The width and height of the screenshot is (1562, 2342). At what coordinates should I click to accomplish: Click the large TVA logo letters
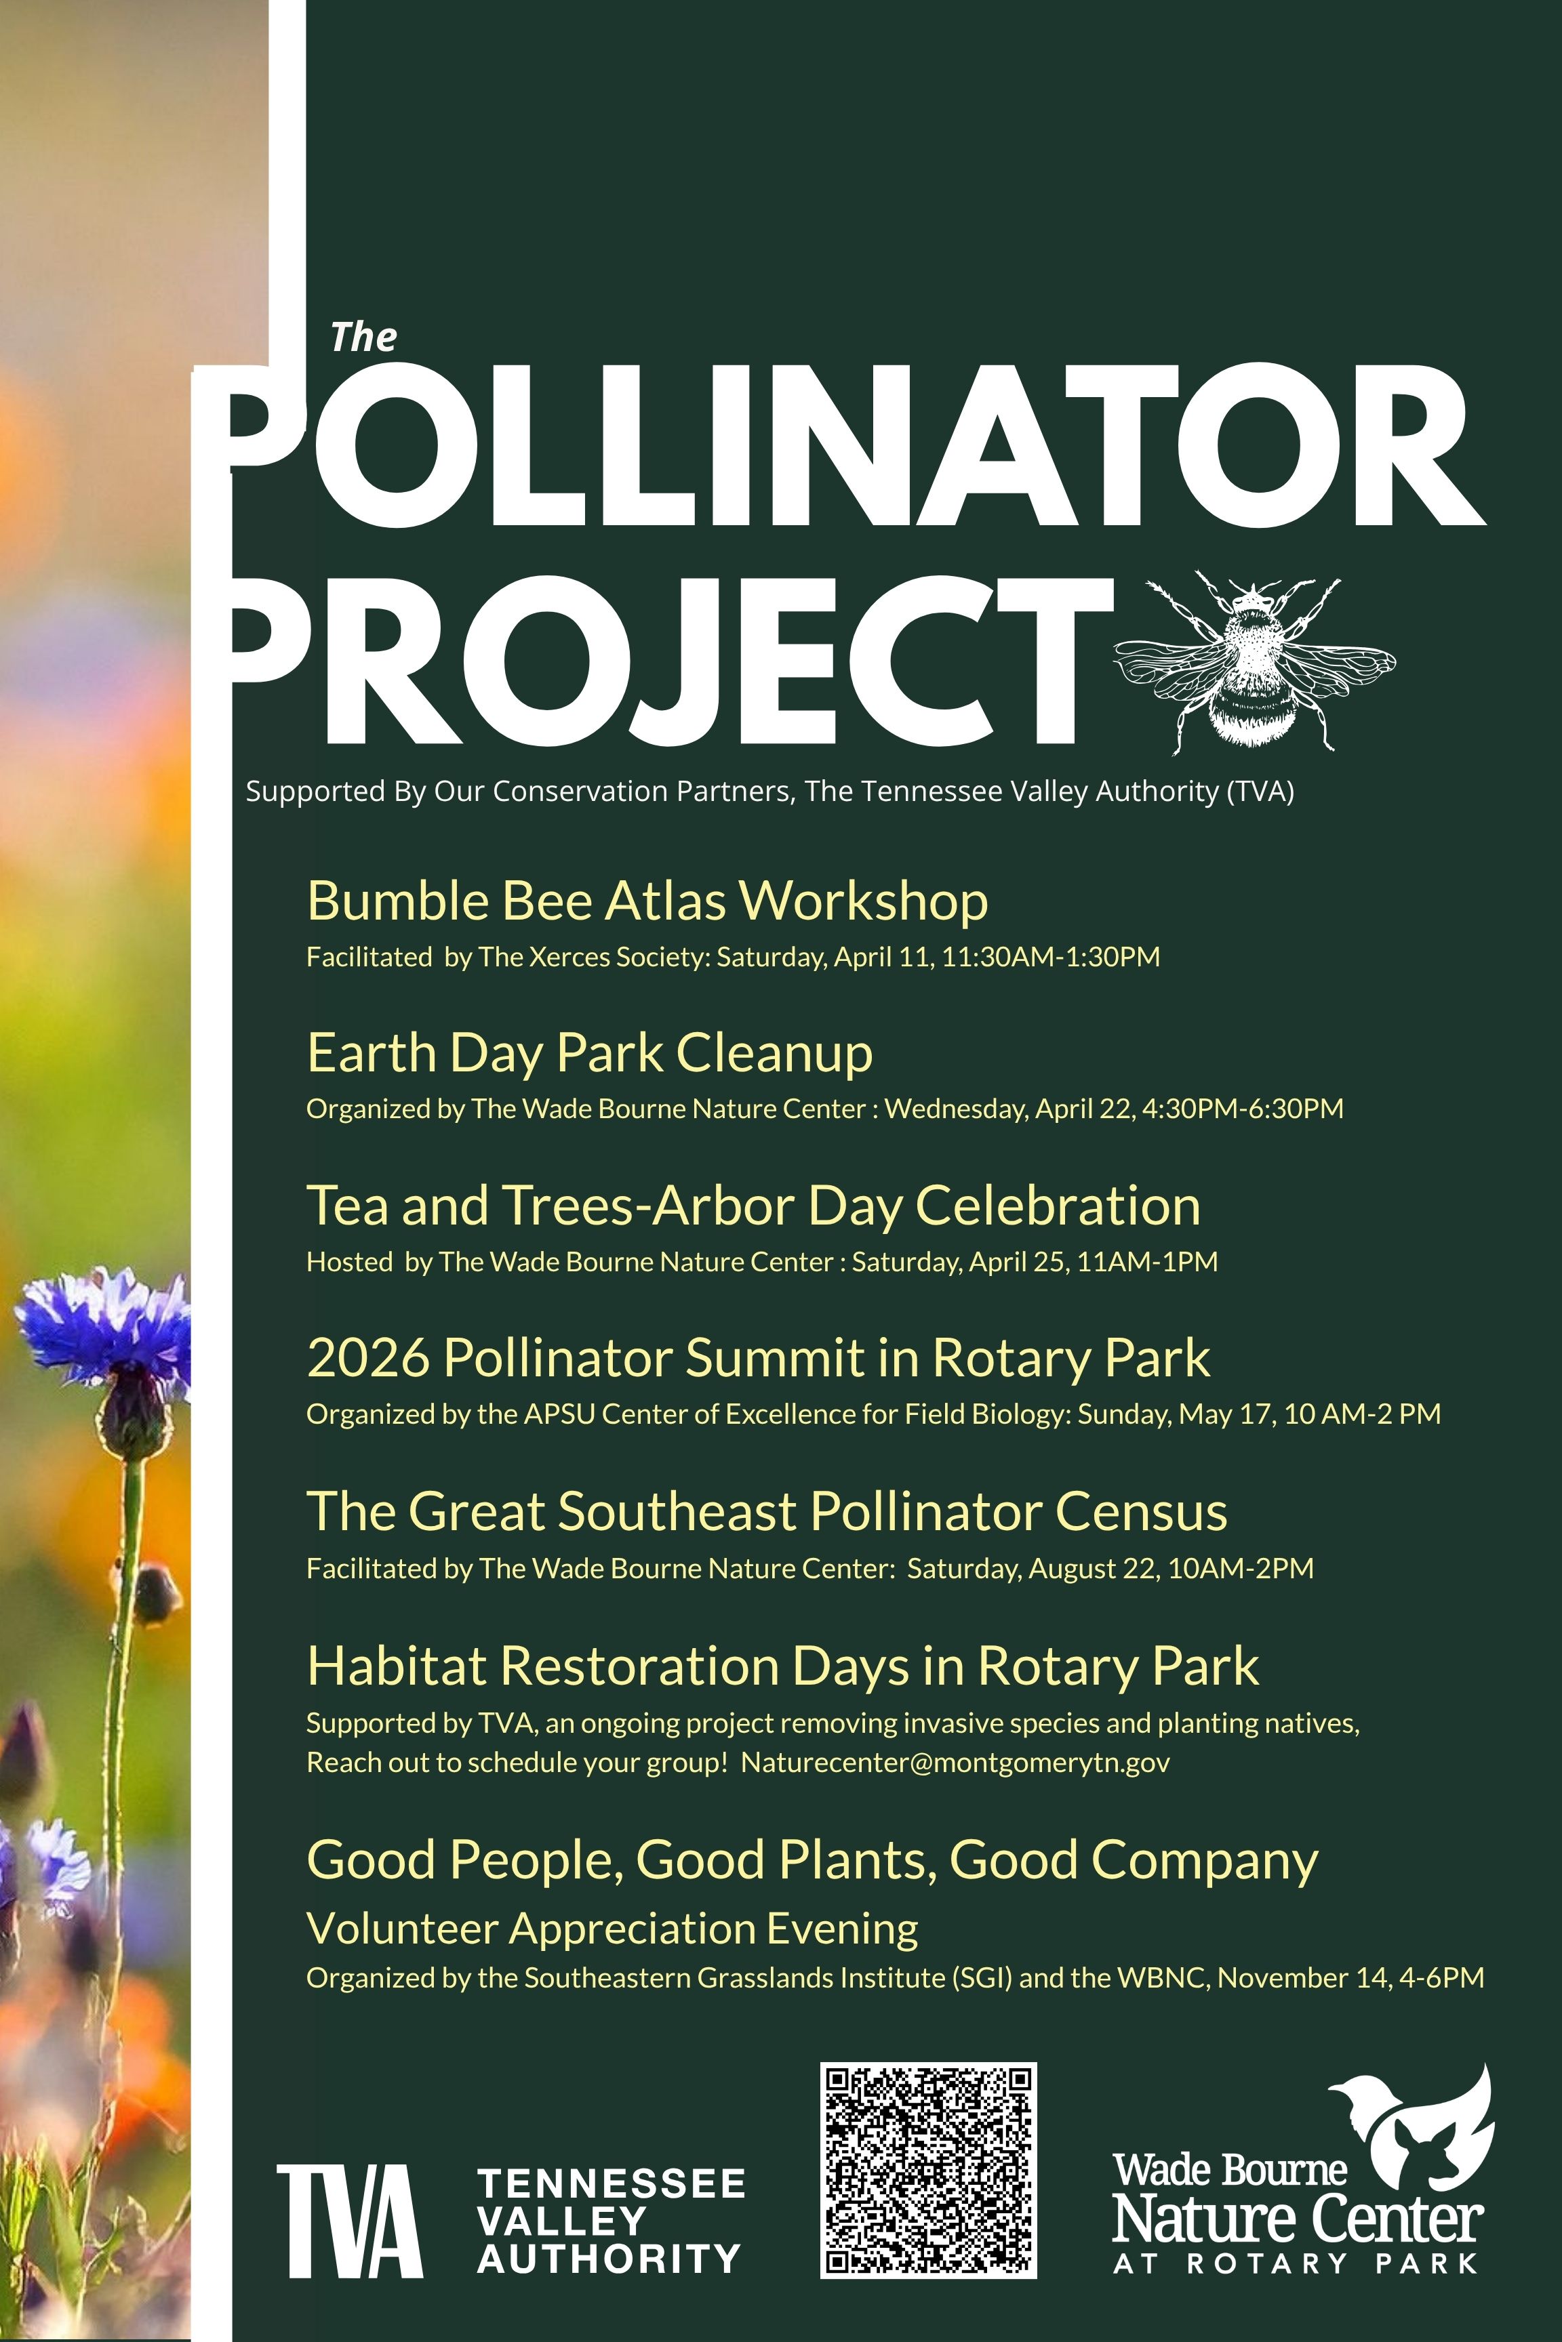350,2221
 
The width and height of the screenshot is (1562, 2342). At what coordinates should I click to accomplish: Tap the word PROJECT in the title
667,659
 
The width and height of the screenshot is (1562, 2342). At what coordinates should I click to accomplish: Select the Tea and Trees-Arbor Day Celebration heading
753,1205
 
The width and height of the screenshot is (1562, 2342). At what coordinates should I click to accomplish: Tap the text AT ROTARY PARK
1295,2263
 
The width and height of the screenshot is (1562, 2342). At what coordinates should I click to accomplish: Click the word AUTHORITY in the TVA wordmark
609,2259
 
